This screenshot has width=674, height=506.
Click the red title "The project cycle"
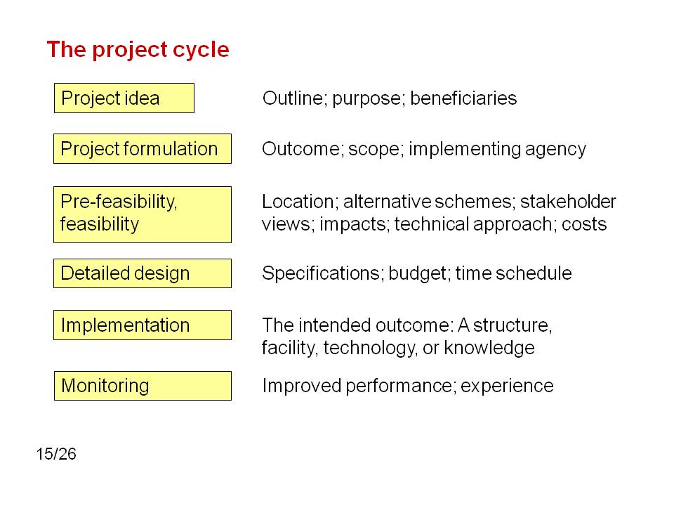pyautogui.click(x=138, y=50)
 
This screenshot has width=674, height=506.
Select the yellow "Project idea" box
pyautogui.click(x=124, y=98)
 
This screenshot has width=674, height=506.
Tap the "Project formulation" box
pyautogui.click(x=143, y=149)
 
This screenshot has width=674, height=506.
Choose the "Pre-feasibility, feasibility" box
pyautogui.click(x=143, y=215)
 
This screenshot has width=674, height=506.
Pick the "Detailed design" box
pyautogui.click(x=143, y=273)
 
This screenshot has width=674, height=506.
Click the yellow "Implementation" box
pyautogui.click(x=143, y=325)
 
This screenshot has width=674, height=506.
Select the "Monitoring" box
pyautogui.click(x=143, y=386)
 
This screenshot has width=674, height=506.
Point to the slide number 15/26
pyautogui.click(x=56, y=454)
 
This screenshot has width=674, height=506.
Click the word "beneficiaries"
pyautogui.click(x=463, y=98)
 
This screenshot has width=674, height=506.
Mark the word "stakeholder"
pyautogui.click(x=568, y=202)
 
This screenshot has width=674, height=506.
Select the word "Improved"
pyautogui.click(x=302, y=387)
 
